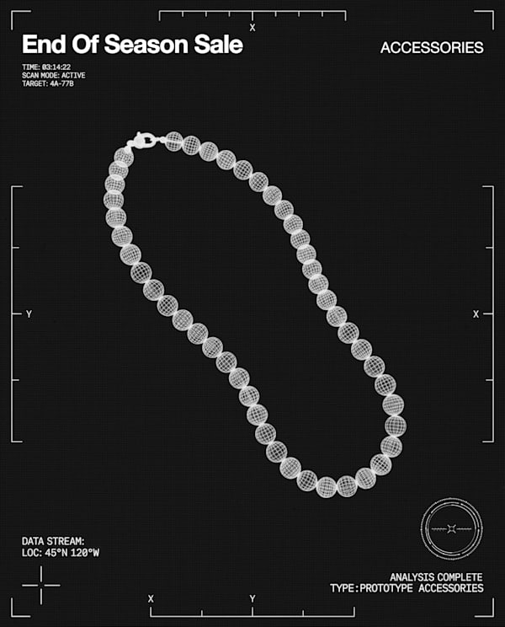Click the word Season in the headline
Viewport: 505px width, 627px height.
[x=147, y=45]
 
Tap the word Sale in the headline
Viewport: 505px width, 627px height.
[x=218, y=45]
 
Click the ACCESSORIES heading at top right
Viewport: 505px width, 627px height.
[x=432, y=47]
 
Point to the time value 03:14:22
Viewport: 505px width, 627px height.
[x=56, y=67]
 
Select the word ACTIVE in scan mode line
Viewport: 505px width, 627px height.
[x=73, y=75]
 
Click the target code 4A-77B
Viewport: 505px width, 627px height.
[x=62, y=83]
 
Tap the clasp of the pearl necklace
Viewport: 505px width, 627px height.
[x=142, y=141]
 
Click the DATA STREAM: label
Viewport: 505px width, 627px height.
[x=53, y=541]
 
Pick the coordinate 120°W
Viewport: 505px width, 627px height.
[x=85, y=553]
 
